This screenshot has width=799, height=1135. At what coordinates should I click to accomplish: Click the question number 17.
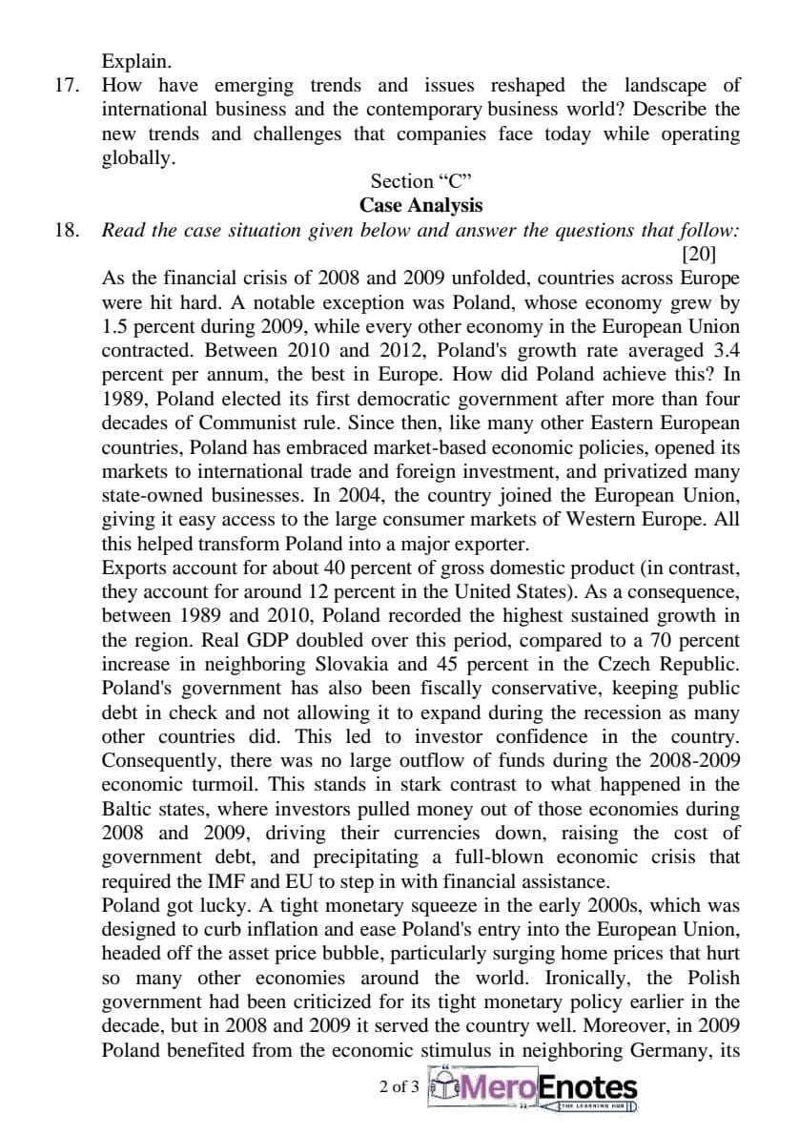click(x=64, y=86)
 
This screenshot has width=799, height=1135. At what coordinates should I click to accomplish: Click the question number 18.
click(x=64, y=231)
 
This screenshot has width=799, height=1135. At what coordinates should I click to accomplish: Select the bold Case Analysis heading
click(x=420, y=205)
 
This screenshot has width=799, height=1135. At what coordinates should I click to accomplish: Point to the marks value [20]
click(x=699, y=254)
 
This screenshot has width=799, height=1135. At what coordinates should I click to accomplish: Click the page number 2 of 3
click(x=399, y=1086)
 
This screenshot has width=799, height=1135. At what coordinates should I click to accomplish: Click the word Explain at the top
click(x=136, y=62)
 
